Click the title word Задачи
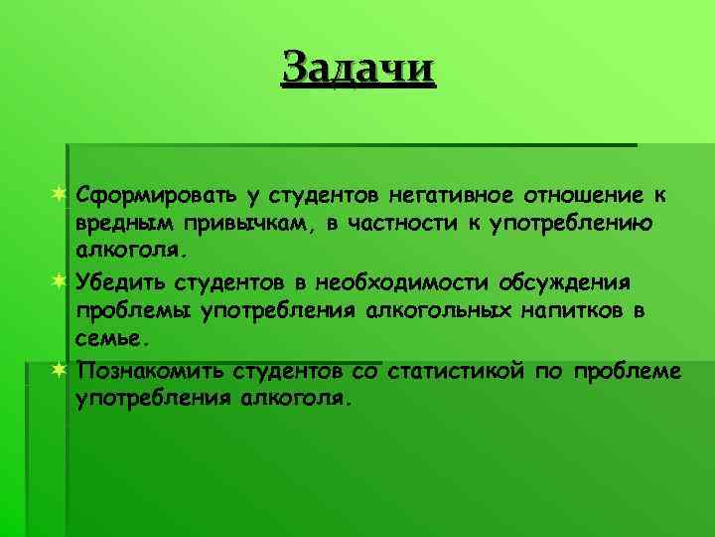358,69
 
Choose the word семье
112,340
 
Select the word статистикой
454,370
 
